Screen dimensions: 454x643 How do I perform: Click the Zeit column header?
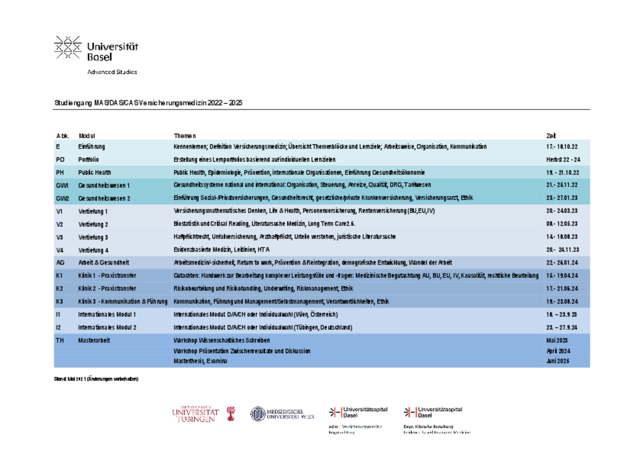click(551, 136)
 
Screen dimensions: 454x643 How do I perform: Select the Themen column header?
click(185, 136)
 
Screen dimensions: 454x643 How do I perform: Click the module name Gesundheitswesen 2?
click(104, 198)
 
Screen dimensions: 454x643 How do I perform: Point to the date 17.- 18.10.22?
click(562, 147)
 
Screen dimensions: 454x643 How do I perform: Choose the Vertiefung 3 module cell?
click(93, 237)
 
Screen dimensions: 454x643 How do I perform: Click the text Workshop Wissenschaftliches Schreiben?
click(221, 340)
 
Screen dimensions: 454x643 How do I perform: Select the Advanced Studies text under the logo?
click(112, 72)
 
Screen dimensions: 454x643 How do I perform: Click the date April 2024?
click(558, 351)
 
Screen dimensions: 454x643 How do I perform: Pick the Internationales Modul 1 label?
click(107, 315)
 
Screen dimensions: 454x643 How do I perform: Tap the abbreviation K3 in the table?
click(59, 302)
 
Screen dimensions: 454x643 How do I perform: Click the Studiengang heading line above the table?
click(148, 103)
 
